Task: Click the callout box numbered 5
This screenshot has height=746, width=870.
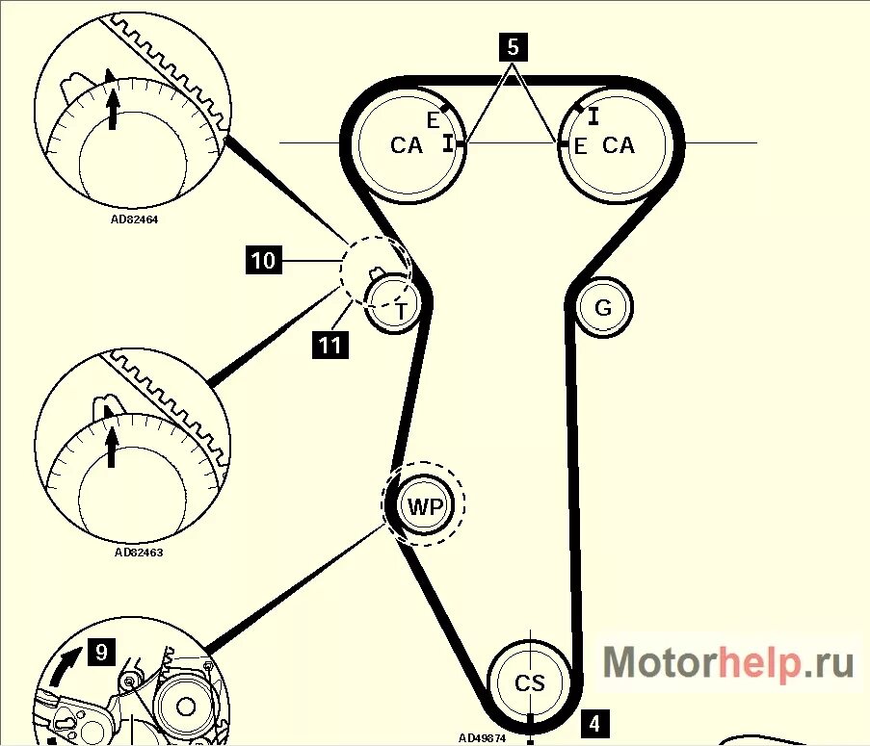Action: (x=513, y=45)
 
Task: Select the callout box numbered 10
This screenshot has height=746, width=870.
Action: (x=263, y=261)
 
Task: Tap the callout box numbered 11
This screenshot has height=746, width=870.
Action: (x=330, y=344)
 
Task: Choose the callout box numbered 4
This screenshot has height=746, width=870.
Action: (x=594, y=723)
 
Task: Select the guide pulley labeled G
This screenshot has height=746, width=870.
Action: (x=603, y=308)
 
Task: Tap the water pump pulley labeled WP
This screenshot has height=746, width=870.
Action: (x=424, y=506)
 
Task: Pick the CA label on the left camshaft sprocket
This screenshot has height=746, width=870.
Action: (x=407, y=145)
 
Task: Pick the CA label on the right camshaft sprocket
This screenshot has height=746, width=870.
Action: (x=619, y=145)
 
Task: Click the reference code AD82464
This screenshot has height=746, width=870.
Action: (x=134, y=219)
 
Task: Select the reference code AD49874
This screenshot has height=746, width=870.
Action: (x=482, y=738)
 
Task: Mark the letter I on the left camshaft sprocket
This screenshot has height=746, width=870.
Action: (x=448, y=142)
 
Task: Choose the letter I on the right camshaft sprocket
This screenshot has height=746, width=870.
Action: (x=594, y=116)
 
